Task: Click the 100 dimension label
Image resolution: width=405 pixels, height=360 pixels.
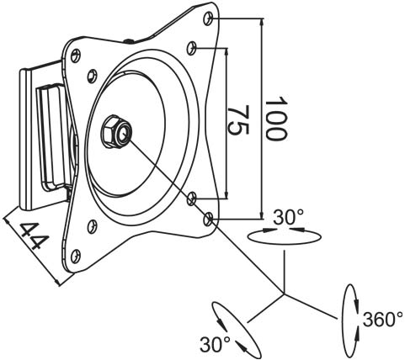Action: click(276, 119)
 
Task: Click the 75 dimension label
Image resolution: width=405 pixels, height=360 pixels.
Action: click(238, 120)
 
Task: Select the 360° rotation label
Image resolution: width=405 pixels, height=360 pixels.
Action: click(383, 320)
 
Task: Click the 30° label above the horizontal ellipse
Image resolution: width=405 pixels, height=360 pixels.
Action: click(289, 217)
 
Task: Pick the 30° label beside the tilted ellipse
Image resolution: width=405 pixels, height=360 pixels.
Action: click(216, 345)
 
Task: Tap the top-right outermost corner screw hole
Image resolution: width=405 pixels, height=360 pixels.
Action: click(209, 19)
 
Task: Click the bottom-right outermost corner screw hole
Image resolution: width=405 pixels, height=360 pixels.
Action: click(208, 219)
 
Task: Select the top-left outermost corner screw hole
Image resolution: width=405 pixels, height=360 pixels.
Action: click(75, 56)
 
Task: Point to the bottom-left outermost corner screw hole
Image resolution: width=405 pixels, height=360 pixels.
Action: click(76, 256)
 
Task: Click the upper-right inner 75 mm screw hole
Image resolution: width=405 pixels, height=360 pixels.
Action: click(192, 48)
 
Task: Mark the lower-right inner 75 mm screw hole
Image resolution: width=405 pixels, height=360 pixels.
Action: click(192, 199)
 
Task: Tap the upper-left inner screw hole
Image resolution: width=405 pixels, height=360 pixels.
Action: click(92, 76)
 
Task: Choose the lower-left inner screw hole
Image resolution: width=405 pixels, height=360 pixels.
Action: click(92, 226)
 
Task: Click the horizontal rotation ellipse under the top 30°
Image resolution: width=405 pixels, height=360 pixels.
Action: click(284, 244)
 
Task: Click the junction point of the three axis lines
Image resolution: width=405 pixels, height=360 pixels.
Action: click(284, 294)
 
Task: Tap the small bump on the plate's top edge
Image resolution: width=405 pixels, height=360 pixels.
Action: click(129, 42)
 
